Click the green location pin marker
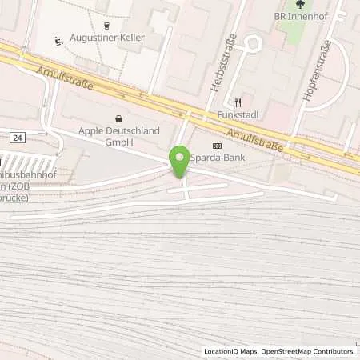180,161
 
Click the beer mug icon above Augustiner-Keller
106,25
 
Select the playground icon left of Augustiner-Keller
58,41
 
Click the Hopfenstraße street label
317,77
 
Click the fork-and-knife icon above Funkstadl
238,102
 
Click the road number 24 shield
17,138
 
